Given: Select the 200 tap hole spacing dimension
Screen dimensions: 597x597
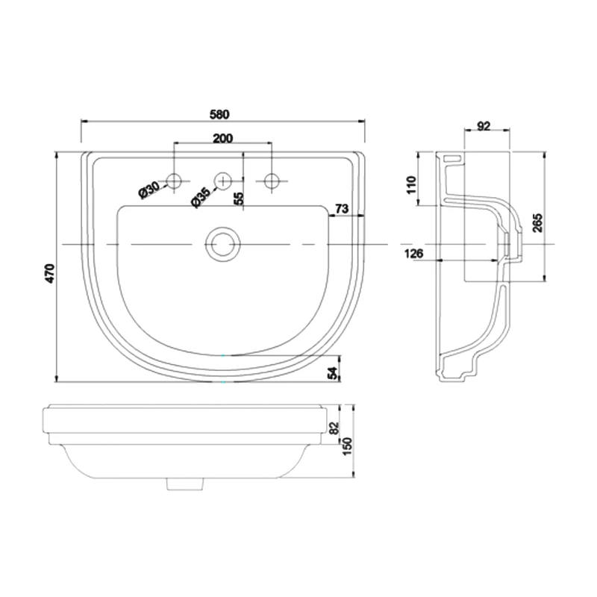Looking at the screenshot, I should pos(222,138).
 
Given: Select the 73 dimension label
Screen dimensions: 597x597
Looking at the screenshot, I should pos(343,210).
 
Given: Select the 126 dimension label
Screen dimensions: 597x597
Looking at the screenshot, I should pos(414,254).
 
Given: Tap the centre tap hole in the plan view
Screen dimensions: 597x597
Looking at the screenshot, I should pos(222,180).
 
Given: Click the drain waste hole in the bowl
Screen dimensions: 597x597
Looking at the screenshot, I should pos(222,244).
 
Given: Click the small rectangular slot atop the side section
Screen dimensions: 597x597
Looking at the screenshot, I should pos(451,158).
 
